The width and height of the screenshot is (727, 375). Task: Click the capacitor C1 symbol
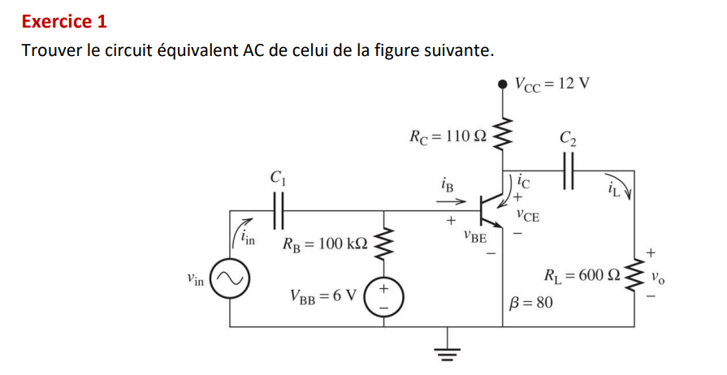coord(279,210)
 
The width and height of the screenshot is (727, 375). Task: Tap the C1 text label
coord(277,176)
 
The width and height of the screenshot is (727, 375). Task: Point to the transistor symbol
coord(491,209)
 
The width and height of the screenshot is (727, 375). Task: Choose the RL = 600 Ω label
coord(584,275)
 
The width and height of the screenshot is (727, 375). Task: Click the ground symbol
coord(446,347)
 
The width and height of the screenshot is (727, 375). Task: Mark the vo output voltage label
coord(657,276)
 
